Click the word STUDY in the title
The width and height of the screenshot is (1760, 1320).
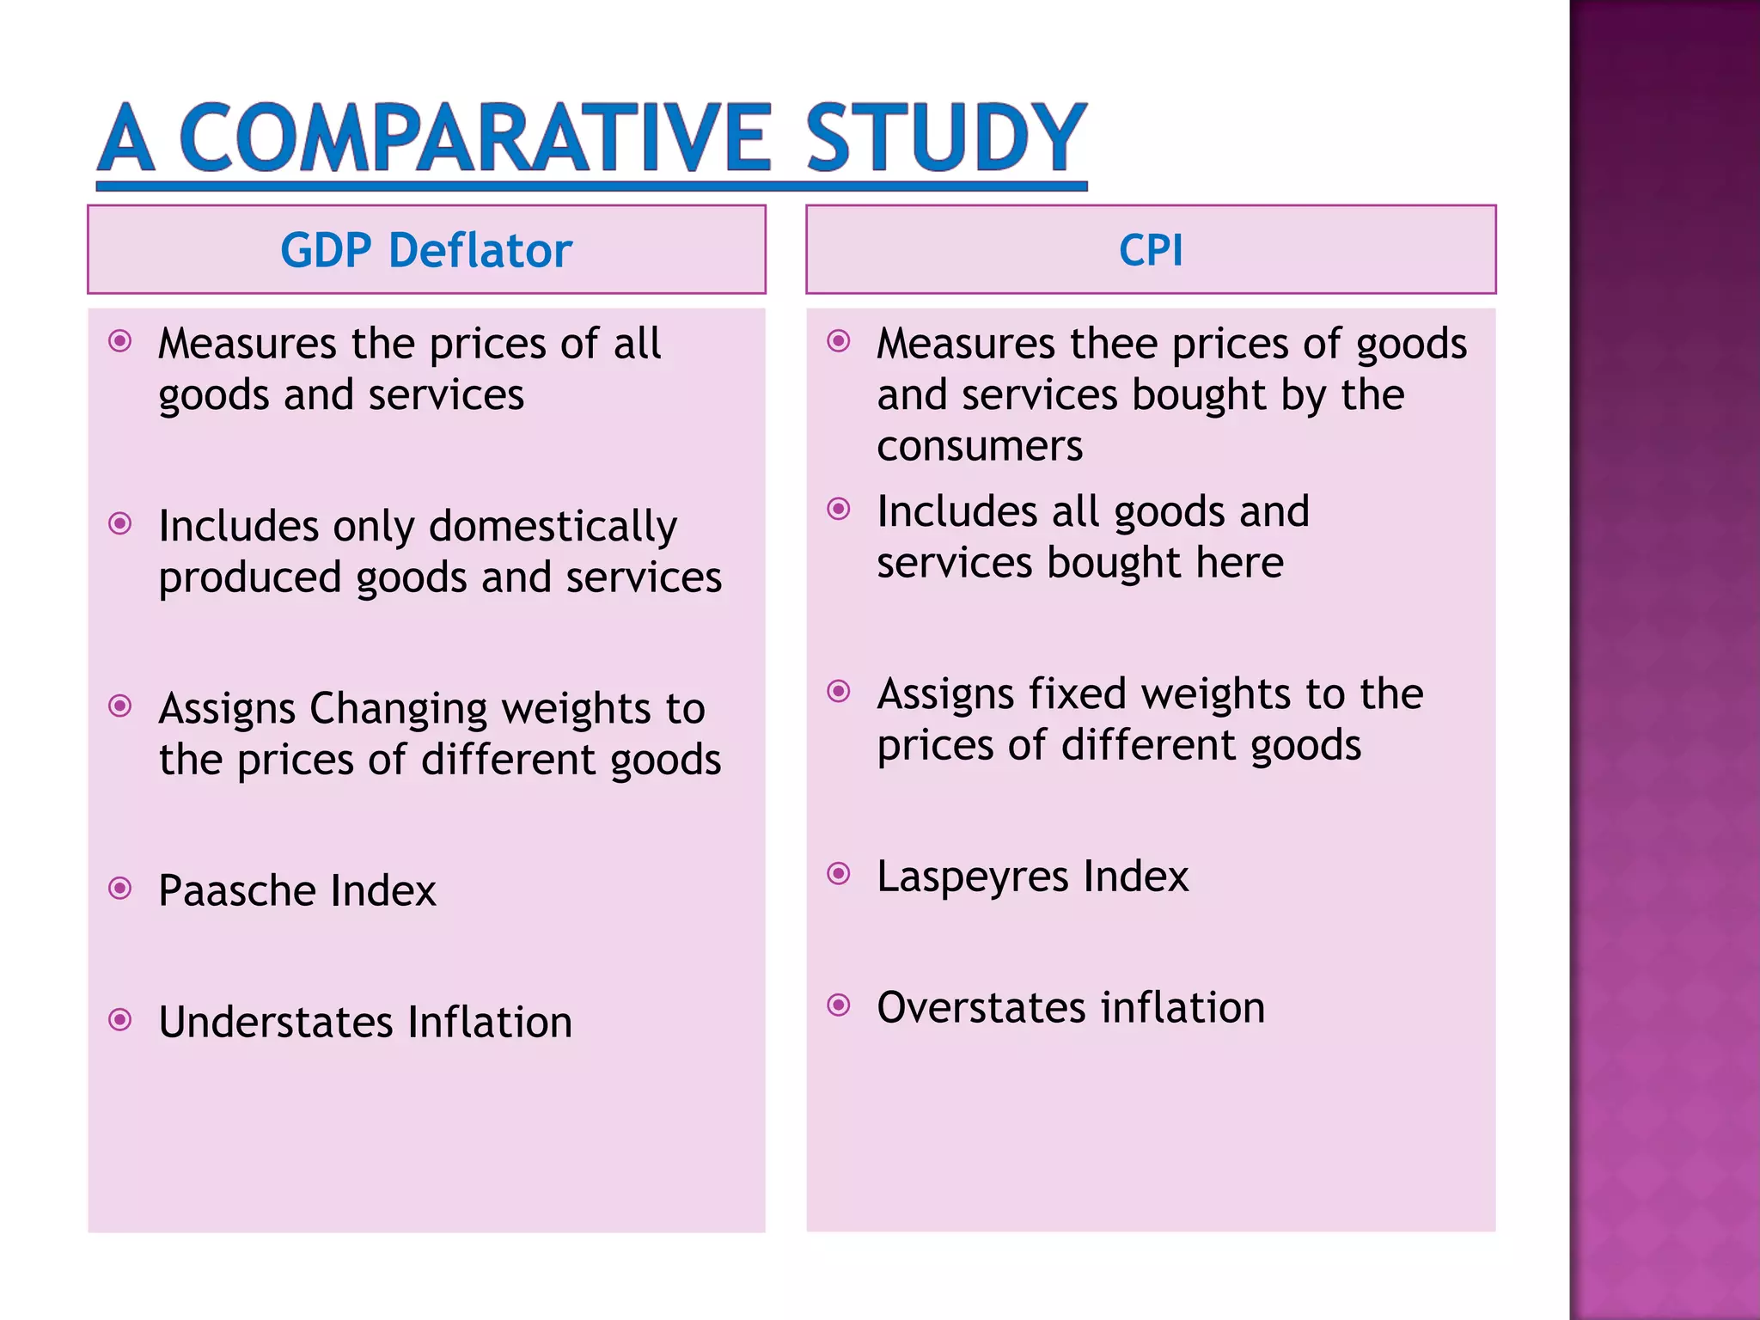945,137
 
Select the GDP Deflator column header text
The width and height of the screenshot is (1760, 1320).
426,250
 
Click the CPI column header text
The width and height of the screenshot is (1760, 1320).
1151,250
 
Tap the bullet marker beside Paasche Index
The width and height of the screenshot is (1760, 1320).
121,888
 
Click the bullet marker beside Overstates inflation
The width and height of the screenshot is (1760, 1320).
839,1005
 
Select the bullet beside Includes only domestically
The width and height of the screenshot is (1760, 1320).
121,523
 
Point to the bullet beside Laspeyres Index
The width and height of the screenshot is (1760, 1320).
839,874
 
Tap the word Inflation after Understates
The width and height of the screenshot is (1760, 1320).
490,1023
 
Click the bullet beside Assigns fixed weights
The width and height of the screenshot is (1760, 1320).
839,691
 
